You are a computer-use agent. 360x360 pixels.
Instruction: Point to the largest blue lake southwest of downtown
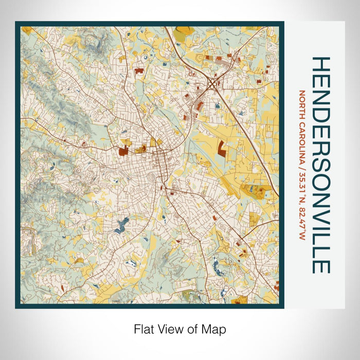pos(122,225)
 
